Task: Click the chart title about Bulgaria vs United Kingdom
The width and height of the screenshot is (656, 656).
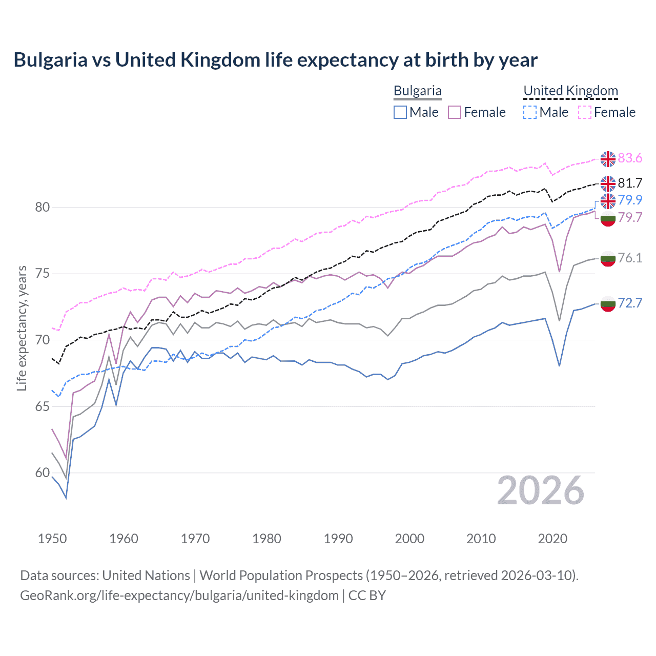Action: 275,60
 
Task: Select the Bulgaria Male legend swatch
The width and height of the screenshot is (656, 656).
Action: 400,112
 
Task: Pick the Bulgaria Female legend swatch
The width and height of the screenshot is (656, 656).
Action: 455,112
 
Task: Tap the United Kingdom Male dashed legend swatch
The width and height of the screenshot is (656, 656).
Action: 530,112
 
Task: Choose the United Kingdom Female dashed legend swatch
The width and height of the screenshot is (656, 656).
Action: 585,112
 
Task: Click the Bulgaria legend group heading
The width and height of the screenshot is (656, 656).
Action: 417,91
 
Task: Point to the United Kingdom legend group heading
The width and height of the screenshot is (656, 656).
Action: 570,91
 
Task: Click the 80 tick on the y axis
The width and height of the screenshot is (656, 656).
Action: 43,207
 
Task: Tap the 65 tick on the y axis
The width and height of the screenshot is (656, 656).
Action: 43,406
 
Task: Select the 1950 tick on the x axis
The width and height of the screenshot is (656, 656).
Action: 52,539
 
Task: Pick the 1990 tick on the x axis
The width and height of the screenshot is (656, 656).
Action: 338,539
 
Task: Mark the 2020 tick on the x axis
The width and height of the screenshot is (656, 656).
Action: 552,539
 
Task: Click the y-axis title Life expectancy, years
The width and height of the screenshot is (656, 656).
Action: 22,328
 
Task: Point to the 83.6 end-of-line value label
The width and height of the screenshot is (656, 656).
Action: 630,158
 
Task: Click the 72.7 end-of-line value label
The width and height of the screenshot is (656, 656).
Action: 630,303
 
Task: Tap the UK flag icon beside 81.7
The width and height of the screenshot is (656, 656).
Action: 608,183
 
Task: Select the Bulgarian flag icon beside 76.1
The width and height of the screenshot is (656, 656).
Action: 608,258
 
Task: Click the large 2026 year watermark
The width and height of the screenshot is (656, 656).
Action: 540,490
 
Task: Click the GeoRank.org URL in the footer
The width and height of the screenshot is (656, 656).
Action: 179,596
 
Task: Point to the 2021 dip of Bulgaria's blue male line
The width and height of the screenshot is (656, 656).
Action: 559,365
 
